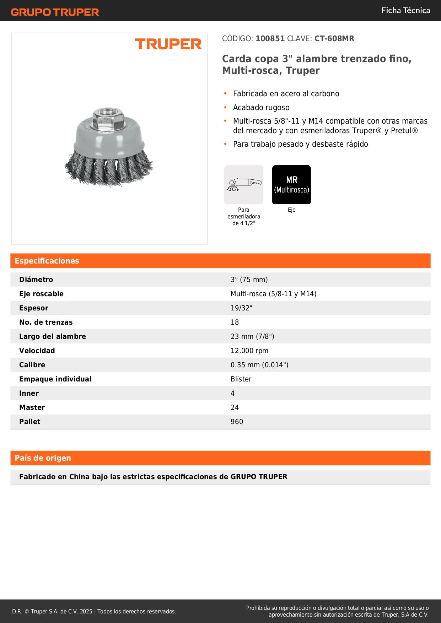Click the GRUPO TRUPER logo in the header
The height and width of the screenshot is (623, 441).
[x=55, y=12]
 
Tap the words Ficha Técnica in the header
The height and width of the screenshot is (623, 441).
[x=405, y=11]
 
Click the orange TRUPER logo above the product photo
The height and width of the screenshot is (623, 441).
[x=168, y=44]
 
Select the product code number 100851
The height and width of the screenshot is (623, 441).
[x=270, y=39]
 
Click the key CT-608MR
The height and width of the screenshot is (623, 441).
[x=334, y=39]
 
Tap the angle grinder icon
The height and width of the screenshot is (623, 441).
[x=244, y=185]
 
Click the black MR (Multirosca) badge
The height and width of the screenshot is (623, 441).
[x=291, y=185]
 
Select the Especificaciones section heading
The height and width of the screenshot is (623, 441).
[x=47, y=261]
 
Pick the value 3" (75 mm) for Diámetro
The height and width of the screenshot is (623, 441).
[x=249, y=280]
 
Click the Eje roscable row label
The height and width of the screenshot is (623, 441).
[x=41, y=294]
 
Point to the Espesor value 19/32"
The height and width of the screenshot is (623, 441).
[x=241, y=308]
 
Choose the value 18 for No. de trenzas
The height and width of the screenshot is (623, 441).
[x=235, y=322]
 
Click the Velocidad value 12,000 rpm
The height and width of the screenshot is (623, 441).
[x=249, y=351]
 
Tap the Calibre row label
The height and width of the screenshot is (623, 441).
[x=32, y=365]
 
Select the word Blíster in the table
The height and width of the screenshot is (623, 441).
[x=241, y=379]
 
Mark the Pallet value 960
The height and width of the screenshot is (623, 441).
[x=237, y=422]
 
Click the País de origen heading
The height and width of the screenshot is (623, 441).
[x=43, y=458]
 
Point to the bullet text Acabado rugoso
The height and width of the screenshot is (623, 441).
[x=261, y=108]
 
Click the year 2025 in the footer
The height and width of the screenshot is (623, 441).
[x=86, y=611]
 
